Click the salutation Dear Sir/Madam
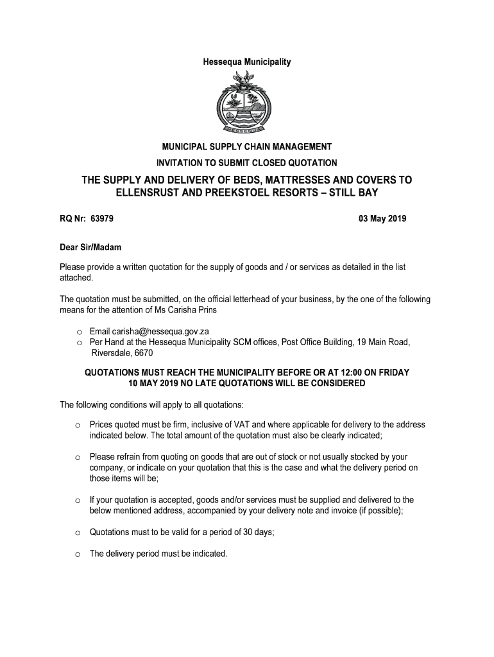coord(90,247)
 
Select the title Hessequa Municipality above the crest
coord(247,62)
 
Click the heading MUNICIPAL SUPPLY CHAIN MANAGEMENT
coord(247,148)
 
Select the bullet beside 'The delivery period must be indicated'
coord(76,554)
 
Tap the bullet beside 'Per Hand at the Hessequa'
coord(76,343)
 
